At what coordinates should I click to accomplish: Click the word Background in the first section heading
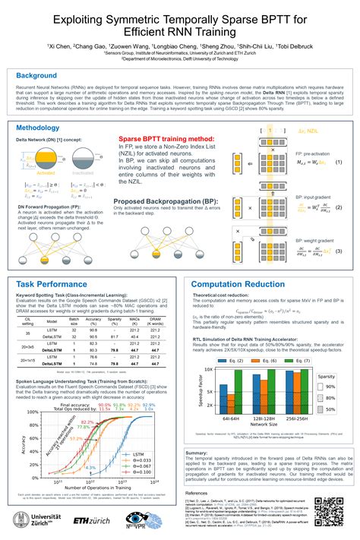[37, 77]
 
